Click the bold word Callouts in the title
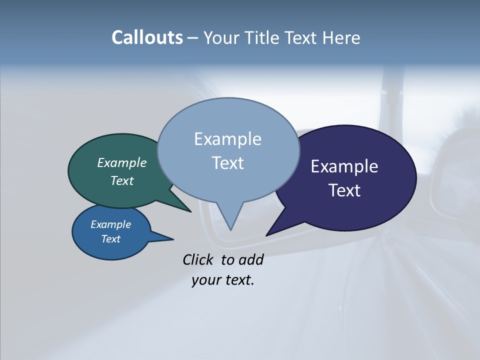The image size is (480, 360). pyautogui.click(x=147, y=37)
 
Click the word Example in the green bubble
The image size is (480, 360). pyautogui.click(x=122, y=162)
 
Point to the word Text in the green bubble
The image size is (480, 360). pyautogui.click(x=122, y=180)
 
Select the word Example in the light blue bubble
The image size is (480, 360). pyautogui.click(x=227, y=139)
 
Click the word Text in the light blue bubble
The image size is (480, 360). pyautogui.click(x=227, y=162)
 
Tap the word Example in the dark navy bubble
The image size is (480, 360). pyautogui.click(x=344, y=166)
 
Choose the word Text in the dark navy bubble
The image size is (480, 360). pyautogui.click(x=344, y=190)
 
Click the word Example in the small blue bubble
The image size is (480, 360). pyautogui.click(x=110, y=224)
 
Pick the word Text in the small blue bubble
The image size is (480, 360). pyautogui.click(x=110, y=239)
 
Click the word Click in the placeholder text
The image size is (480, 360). pyautogui.click(x=199, y=259)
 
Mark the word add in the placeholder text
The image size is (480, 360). pyautogui.click(x=251, y=259)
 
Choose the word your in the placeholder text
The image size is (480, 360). pyautogui.click(x=206, y=280)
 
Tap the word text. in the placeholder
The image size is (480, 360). pyautogui.click(x=238, y=280)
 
